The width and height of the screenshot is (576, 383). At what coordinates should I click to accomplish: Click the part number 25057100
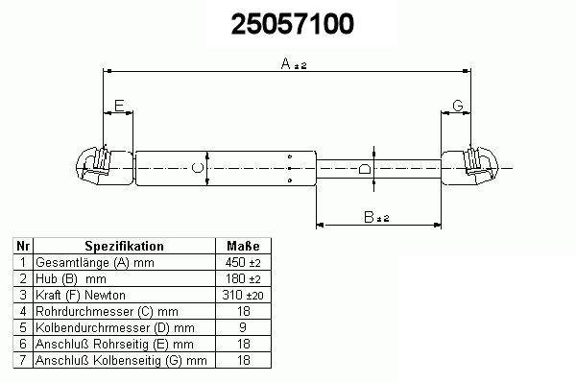[x=293, y=24]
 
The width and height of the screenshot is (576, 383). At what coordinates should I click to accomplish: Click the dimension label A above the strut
[x=286, y=63]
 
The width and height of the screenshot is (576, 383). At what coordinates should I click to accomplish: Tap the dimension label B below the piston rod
[x=369, y=217]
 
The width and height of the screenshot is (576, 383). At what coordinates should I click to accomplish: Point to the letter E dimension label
[x=119, y=106]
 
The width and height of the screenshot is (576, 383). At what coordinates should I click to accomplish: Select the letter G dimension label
[x=458, y=106]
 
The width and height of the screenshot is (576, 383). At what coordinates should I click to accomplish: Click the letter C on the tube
[x=198, y=168]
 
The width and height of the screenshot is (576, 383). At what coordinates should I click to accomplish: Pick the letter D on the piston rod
[x=364, y=169]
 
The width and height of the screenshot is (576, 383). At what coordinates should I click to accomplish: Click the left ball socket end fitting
[x=105, y=166]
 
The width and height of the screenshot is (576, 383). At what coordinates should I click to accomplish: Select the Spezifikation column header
[x=124, y=246]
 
